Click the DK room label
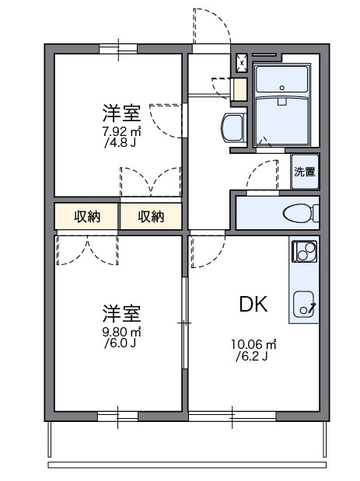point(253,304)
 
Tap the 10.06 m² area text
point(253,345)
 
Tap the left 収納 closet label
point(87,217)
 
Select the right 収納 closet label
point(151,217)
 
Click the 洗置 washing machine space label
point(305,173)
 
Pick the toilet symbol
point(297,212)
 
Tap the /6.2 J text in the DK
point(253,357)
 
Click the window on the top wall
point(118,48)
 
